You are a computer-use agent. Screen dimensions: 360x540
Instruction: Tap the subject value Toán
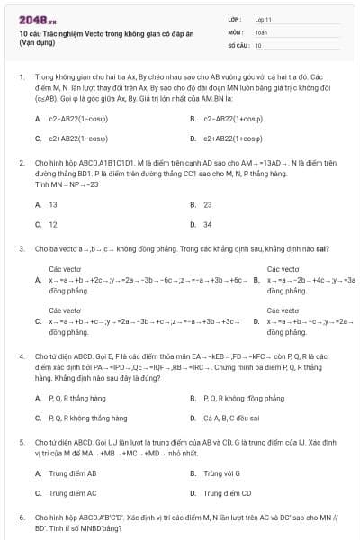pos(261,31)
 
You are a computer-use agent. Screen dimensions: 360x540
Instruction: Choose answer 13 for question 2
pos(53,204)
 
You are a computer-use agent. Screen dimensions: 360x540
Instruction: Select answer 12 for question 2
pos(53,224)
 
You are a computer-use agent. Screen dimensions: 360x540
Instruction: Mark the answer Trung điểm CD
pos(228,493)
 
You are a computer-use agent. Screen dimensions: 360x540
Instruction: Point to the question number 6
pos(22,518)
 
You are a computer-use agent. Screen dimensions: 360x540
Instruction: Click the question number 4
pos(22,356)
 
